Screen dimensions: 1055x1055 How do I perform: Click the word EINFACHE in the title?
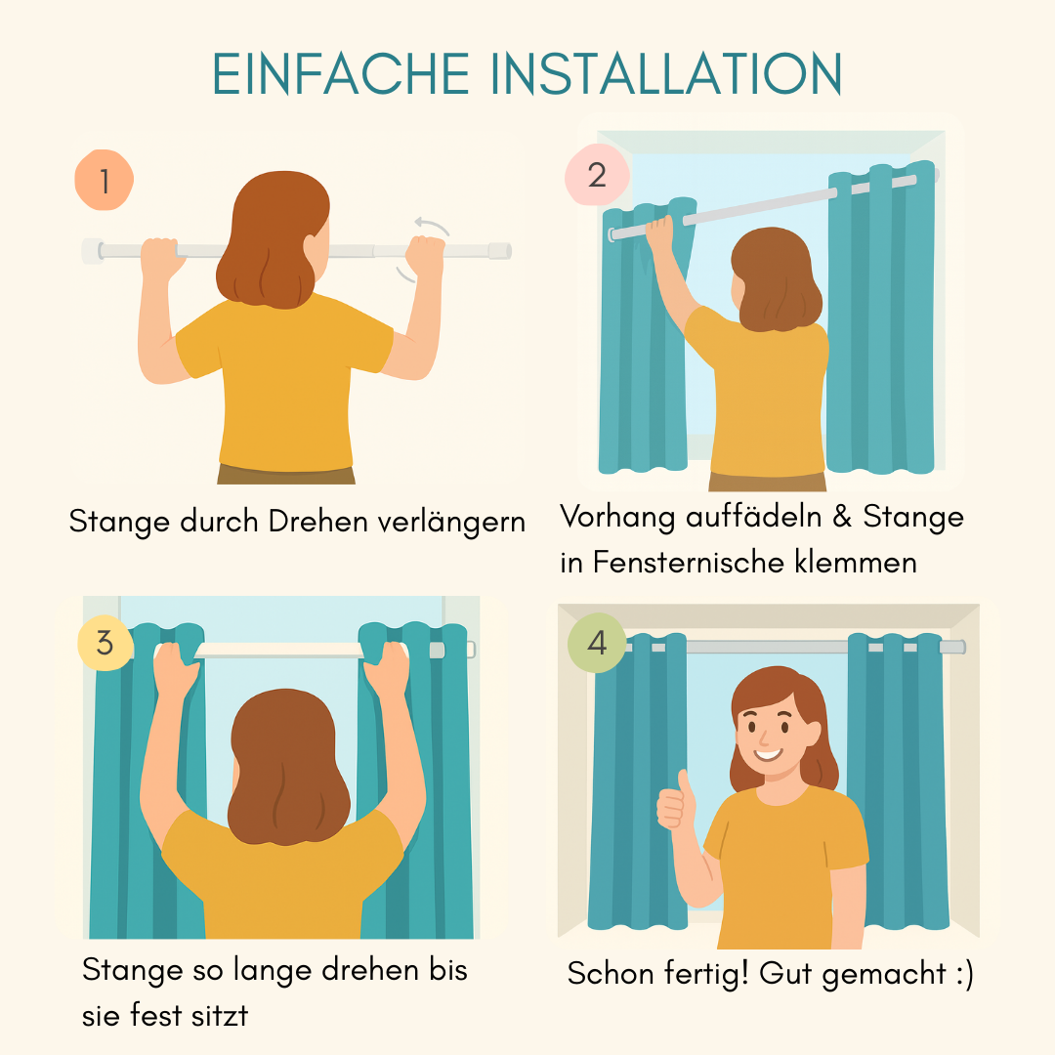[341, 73]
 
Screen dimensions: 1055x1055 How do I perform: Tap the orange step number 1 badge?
[105, 180]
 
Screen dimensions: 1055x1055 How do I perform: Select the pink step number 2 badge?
[597, 175]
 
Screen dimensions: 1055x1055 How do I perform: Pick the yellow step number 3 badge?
[105, 643]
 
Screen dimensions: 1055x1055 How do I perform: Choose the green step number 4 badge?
[597, 643]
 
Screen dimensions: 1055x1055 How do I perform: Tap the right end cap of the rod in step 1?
[500, 251]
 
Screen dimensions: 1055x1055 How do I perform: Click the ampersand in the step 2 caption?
[842, 517]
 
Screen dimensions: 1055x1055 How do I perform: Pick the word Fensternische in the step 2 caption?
[689, 563]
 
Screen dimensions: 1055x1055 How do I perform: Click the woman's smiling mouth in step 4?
[768, 753]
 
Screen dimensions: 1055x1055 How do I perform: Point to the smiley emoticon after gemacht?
[964, 974]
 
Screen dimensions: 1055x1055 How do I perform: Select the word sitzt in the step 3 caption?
[220, 1015]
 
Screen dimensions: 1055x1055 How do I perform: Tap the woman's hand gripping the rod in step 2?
[659, 232]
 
